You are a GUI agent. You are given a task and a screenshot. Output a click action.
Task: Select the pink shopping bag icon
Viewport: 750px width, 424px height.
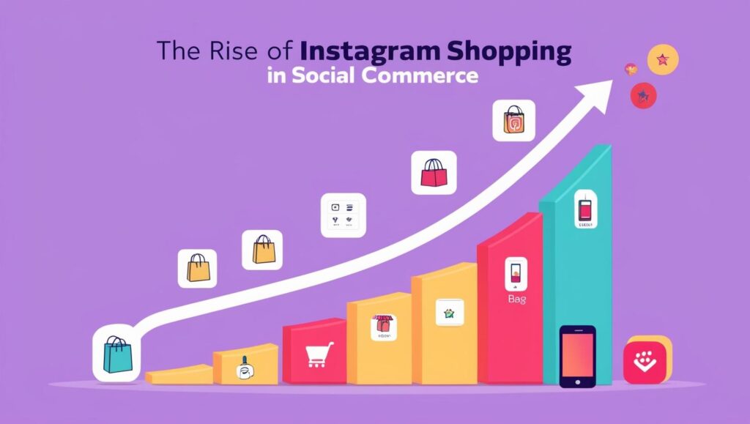434,173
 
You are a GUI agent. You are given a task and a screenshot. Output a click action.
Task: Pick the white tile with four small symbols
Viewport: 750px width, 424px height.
343,215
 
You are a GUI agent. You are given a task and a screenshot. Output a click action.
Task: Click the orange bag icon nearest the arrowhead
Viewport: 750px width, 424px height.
513,121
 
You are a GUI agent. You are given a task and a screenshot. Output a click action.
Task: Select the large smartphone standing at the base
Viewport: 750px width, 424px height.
577,356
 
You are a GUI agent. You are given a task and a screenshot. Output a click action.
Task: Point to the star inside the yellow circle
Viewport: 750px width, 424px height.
663,59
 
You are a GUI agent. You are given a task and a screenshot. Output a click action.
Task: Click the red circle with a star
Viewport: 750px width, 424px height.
643,94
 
